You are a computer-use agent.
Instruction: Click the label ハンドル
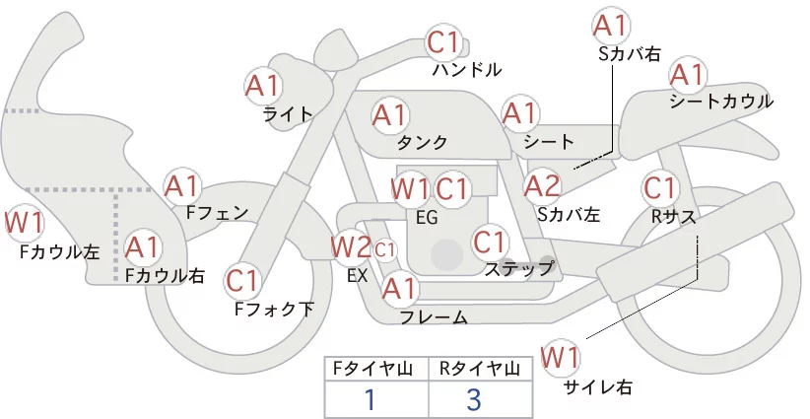[x=467, y=70]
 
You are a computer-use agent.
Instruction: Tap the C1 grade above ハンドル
[x=443, y=43]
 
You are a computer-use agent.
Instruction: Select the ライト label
[x=287, y=113]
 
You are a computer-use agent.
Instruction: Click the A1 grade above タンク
[x=390, y=115]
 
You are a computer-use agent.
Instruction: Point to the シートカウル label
[x=720, y=102]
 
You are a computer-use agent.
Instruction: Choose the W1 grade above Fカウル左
[x=24, y=223]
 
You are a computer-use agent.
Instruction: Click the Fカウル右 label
[x=165, y=276]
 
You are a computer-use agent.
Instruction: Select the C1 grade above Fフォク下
[x=242, y=281]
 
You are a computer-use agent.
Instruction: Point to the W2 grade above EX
[x=351, y=245]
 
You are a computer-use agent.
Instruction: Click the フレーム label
[x=434, y=316]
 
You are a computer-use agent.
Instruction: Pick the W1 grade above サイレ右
[x=563, y=356]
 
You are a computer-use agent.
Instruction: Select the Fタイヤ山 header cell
[x=376, y=368]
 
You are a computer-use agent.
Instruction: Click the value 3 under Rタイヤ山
[x=473, y=399]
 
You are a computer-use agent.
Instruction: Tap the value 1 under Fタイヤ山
[x=371, y=399]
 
